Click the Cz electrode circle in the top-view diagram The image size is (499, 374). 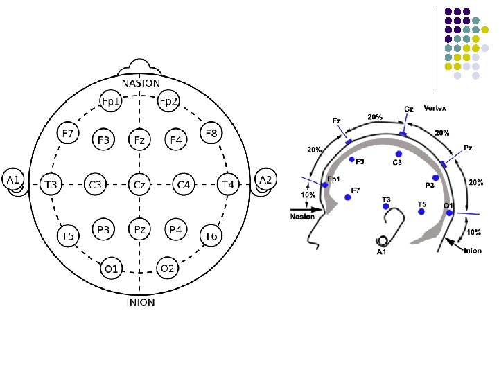(x=139, y=185)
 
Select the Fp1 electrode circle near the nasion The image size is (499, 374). (x=110, y=102)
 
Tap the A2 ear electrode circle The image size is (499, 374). (x=265, y=180)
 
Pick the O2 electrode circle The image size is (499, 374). (x=168, y=268)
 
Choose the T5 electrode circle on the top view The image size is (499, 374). (x=67, y=237)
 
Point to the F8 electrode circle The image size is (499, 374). (x=211, y=132)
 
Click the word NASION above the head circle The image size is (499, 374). (x=140, y=83)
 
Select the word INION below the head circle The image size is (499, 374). (x=140, y=302)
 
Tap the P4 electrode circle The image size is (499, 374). (x=176, y=229)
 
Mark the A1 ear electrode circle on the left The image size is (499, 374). (x=13, y=180)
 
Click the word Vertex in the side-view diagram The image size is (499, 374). (x=435, y=108)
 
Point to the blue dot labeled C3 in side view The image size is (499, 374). (x=399, y=154)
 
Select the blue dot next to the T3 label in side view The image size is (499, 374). (x=386, y=206)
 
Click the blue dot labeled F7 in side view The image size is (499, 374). (x=348, y=197)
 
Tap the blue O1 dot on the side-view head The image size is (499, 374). (x=450, y=213)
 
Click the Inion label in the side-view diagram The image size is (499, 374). (x=472, y=251)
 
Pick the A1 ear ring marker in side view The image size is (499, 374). (x=382, y=240)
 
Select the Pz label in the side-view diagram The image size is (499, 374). (x=469, y=148)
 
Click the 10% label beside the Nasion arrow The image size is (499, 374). (x=306, y=195)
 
